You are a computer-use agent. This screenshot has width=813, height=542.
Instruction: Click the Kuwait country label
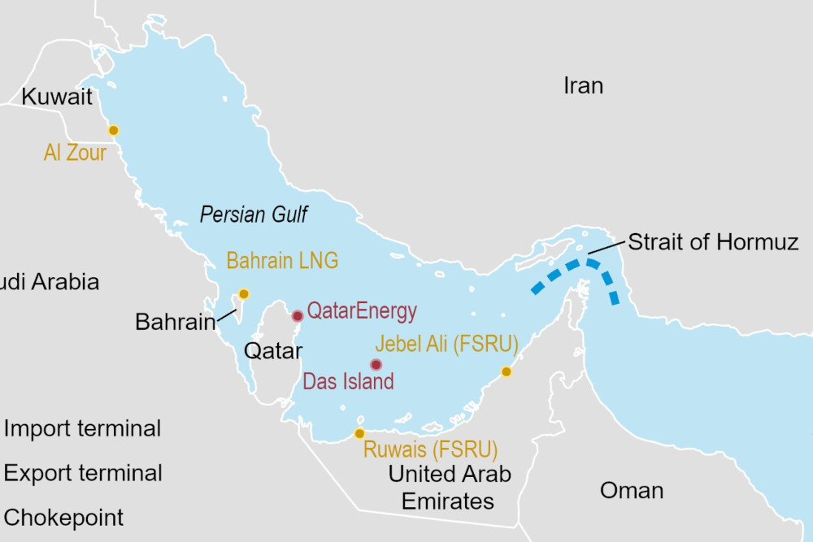pos(58,98)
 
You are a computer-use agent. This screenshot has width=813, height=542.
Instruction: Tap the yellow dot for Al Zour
pos(114,130)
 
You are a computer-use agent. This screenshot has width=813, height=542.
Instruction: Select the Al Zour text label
pos(76,152)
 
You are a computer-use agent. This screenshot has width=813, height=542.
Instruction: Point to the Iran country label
pos(583,85)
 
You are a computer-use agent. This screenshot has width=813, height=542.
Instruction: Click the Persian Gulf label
pos(254,215)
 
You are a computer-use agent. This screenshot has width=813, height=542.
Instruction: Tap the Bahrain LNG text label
pos(282,261)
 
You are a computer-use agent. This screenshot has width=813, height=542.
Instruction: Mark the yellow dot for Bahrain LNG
pos(243,294)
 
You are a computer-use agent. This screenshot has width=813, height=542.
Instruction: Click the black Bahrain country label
pos(175,322)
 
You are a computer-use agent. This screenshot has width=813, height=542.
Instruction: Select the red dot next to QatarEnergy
pos(298,316)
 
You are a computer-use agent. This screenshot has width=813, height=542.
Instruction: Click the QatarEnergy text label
pos(362,310)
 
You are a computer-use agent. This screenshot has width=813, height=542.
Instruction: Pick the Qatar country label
pos(273,351)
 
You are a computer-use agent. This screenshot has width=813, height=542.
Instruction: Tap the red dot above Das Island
pos(376,365)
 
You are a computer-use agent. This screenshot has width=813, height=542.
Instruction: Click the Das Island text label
pos(348,381)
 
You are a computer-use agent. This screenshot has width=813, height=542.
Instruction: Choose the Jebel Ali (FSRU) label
pos(446,344)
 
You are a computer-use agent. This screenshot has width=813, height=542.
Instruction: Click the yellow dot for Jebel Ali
pos(506,371)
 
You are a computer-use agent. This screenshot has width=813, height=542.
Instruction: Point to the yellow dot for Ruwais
pos(359,434)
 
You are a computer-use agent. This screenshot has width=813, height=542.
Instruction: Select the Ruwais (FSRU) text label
pos(430,449)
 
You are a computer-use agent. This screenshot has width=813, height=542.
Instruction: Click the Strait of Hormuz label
pos(713,242)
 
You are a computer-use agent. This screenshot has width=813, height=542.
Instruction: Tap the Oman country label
pos(631,490)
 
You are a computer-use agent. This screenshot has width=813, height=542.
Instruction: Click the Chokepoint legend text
pos(64,518)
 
